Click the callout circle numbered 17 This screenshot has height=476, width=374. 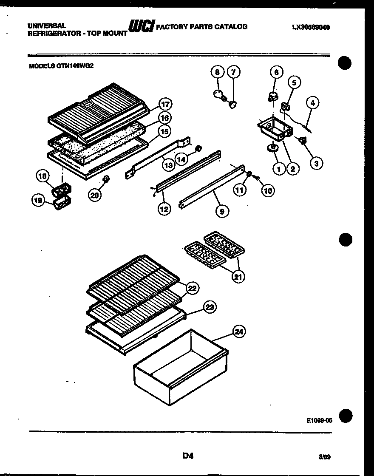pos(165,105)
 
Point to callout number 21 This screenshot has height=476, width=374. pos(238,277)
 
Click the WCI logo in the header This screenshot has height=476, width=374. pos(142,26)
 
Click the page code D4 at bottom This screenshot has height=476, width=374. pos(188,456)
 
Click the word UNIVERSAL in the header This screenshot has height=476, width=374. pos(47,26)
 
